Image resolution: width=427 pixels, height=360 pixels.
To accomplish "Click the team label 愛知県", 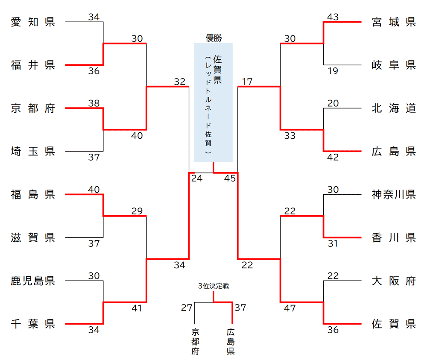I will pyautogui.click(x=33, y=22).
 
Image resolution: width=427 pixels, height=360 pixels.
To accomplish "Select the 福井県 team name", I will pyautogui.click(x=33, y=65).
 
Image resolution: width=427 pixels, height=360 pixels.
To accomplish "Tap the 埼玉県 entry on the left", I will pyautogui.click(x=33, y=152).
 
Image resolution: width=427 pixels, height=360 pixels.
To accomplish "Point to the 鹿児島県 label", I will pyautogui.click(x=33, y=281).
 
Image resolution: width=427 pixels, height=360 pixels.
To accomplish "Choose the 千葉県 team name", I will pyautogui.click(x=33, y=324).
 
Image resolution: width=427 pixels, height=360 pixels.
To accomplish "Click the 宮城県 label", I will pyautogui.click(x=394, y=22).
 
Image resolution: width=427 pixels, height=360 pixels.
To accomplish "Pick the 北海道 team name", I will pyautogui.click(x=394, y=108).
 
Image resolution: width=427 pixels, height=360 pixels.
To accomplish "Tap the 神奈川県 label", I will pyautogui.click(x=394, y=195).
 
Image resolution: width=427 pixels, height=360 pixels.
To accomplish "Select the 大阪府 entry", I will pyautogui.click(x=394, y=281).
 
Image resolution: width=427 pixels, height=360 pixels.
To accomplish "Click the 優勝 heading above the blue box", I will pyautogui.click(x=213, y=38).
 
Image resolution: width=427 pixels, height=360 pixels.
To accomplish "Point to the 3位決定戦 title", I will pyautogui.click(x=213, y=286).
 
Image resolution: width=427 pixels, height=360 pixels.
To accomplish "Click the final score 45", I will pyautogui.click(x=230, y=179).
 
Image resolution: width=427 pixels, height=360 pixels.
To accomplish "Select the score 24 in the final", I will pyautogui.click(x=197, y=179).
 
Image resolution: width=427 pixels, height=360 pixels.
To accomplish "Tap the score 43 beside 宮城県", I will pyautogui.click(x=333, y=17).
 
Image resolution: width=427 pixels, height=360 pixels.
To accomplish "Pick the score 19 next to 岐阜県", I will pyautogui.click(x=333, y=71).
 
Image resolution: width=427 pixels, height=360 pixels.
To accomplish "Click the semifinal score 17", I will pyautogui.click(x=247, y=81).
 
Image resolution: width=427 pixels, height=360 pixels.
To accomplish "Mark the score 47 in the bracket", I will pyautogui.click(x=290, y=308).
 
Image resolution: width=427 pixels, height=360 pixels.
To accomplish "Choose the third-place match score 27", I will pyautogui.click(x=187, y=307).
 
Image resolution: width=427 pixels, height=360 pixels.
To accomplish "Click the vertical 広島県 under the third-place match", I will pyautogui.click(x=231, y=342).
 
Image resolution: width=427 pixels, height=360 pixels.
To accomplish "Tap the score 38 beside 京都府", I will pyautogui.click(x=94, y=103).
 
